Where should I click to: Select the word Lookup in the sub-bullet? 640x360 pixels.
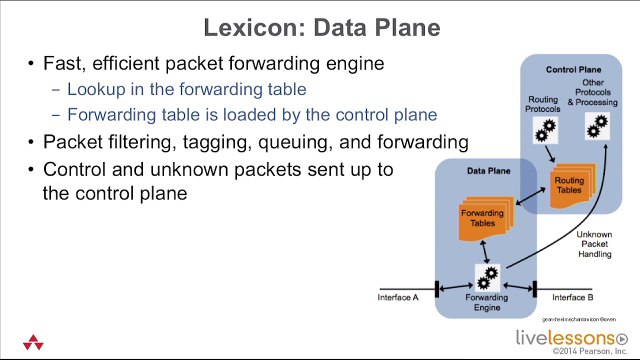click(93, 89)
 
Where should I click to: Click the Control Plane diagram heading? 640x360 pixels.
click(572, 69)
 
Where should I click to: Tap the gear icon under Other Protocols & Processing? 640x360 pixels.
click(598, 125)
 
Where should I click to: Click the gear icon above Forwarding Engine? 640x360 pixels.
click(489, 274)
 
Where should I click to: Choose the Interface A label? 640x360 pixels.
click(398, 298)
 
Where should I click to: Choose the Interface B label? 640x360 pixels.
click(573, 298)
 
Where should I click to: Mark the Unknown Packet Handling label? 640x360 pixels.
click(594, 244)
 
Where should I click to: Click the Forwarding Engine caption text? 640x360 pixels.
click(487, 303)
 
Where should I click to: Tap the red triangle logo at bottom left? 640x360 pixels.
click(28, 340)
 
